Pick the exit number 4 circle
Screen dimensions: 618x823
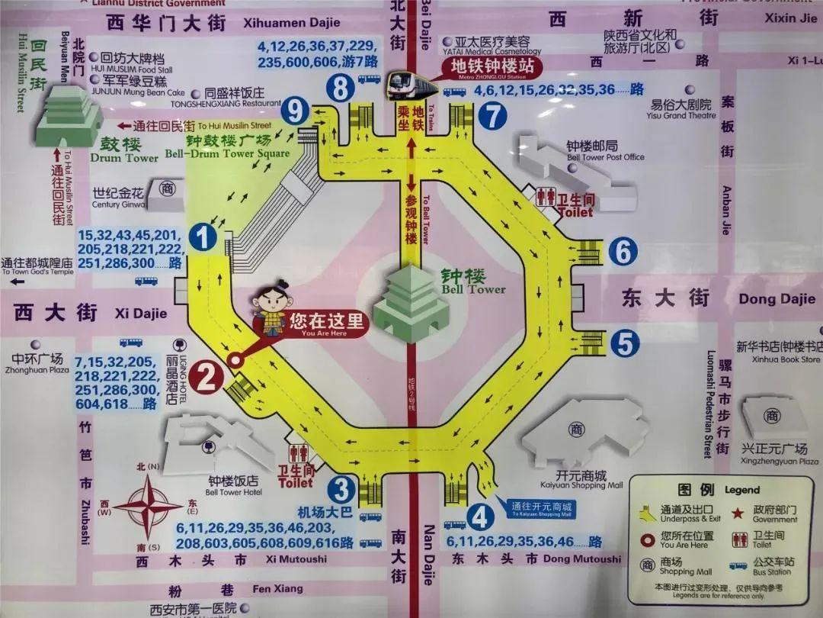point(480,517)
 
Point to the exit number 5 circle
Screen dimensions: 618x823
point(624,343)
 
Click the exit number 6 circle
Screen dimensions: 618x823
point(623,251)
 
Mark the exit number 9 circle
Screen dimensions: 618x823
point(295,112)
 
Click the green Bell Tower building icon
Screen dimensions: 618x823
point(411,303)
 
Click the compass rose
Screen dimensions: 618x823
point(153,505)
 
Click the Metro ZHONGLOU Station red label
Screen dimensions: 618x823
point(492,67)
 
